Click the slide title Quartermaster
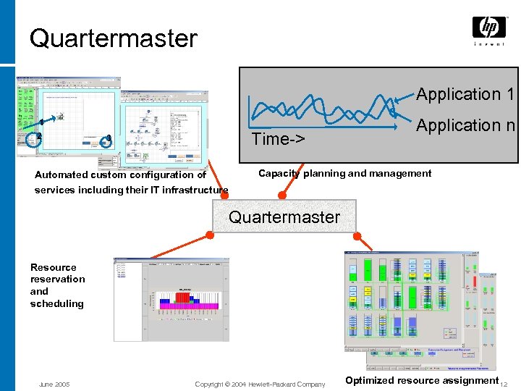point(113,38)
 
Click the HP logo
point(489,28)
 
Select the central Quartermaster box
point(284,216)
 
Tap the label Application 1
point(465,94)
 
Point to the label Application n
point(465,125)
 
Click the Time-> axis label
point(279,139)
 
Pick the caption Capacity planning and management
point(344,174)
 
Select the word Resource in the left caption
point(54,267)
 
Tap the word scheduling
point(57,304)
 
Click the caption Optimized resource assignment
point(422,380)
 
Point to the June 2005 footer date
point(54,384)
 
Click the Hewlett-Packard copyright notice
point(260,384)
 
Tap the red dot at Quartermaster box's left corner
point(211,232)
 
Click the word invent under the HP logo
point(489,44)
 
